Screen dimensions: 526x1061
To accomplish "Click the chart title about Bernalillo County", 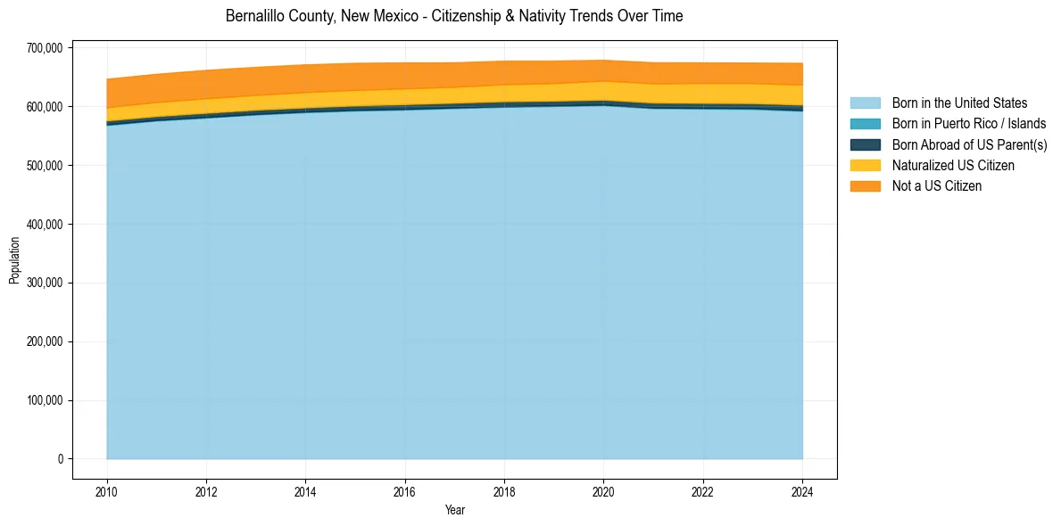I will pyautogui.click(x=454, y=16).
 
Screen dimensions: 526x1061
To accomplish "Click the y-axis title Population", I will pyautogui.click(x=14, y=260).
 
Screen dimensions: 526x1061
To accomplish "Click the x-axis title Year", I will pyautogui.click(x=454, y=510).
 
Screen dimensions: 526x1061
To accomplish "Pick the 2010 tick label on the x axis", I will pyautogui.click(x=106, y=490).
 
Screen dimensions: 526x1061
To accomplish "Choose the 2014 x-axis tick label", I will pyautogui.click(x=305, y=490).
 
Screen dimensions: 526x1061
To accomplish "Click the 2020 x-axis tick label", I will pyautogui.click(x=604, y=490).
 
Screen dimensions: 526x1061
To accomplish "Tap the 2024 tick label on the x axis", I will pyautogui.click(x=803, y=490).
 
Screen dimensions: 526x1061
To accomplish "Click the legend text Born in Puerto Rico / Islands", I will pyautogui.click(x=969, y=124).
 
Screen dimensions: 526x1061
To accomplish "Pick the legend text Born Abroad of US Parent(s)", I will pyautogui.click(x=969, y=144).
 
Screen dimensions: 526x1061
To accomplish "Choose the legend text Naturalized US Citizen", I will pyautogui.click(x=953, y=165).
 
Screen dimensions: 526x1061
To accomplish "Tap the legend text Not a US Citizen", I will pyautogui.click(x=937, y=185).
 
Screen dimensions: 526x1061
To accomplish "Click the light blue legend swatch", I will pyautogui.click(x=865, y=103).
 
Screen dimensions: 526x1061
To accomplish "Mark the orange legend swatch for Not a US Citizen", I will pyautogui.click(x=865, y=185).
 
